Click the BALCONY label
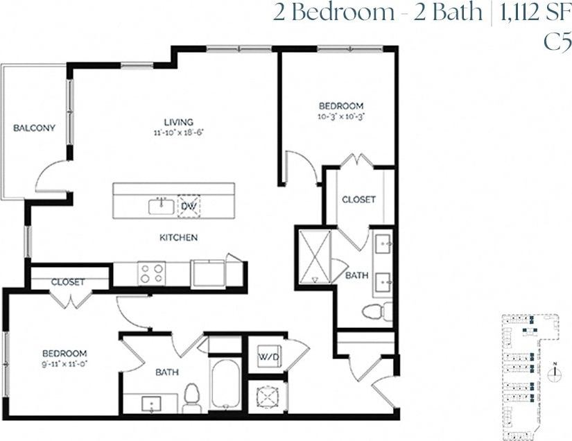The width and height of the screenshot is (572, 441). tap(34, 128)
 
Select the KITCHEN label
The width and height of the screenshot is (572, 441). tap(179, 238)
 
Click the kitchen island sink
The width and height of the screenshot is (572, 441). tap(161, 205)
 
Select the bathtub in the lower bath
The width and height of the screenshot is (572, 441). tap(225, 385)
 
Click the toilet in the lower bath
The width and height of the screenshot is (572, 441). tap(193, 395)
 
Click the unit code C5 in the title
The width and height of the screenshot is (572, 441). tap(557, 42)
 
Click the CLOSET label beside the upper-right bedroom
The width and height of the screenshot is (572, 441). tap(358, 200)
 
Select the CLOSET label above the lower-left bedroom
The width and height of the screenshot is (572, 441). tap(68, 282)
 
